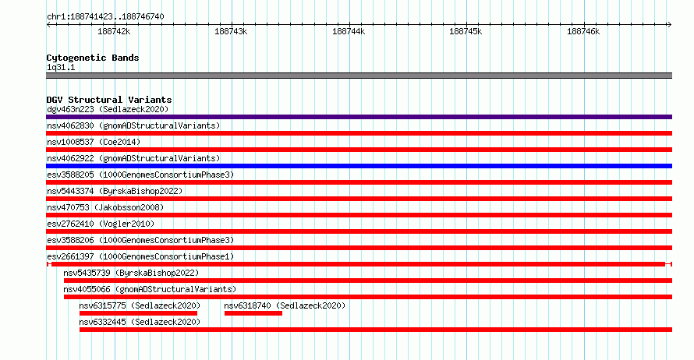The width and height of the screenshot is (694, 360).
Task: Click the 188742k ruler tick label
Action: point(114,31)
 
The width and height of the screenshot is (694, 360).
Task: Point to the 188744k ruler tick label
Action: point(349,31)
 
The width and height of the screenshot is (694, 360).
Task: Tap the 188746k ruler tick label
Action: point(583,31)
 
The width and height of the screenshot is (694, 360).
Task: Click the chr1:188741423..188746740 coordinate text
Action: point(105,17)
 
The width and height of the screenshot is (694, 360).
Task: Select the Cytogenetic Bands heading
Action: point(93,58)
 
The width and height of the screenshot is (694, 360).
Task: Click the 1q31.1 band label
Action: point(61,67)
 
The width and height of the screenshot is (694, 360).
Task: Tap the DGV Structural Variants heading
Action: point(109,100)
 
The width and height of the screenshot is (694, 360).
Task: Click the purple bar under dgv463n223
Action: point(359,117)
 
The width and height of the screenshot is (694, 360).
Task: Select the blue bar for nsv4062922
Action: point(359,166)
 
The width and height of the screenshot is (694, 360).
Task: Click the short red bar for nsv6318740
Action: point(253,313)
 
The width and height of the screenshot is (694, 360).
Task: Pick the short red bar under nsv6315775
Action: point(138,313)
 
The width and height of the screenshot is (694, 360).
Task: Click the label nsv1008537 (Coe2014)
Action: point(94,142)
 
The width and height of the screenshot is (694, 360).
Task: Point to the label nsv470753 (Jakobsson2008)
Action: point(105,207)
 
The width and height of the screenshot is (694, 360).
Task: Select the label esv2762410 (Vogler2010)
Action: point(101,224)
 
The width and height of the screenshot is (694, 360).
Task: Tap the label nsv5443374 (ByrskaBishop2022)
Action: point(115,191)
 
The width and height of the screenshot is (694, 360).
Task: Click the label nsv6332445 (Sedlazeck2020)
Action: point(140,322)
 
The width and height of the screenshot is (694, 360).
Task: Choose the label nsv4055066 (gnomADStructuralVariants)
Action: point(150,289)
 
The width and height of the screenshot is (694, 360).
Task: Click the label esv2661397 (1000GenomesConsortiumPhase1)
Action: point(140,256)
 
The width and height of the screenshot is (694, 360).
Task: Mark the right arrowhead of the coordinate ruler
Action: point(671,25)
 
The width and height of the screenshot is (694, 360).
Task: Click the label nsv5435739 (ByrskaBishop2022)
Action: point(131,273)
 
